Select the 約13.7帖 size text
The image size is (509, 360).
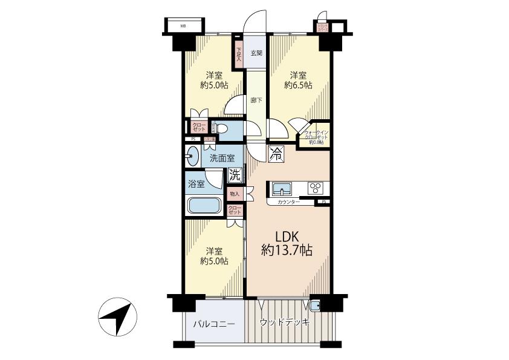click(287, 250)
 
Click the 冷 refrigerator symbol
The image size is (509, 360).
click(276, 154)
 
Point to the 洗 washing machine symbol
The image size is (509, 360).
click(234, 175)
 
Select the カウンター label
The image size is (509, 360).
click(288, 201)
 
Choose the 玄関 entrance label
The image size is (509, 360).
click(256, 53)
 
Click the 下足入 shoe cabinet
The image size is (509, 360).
click(239, 54)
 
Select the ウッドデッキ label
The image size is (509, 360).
click(284, 322)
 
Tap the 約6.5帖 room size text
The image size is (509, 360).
click(298, 86)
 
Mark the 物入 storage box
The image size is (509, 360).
click(235, 194)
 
